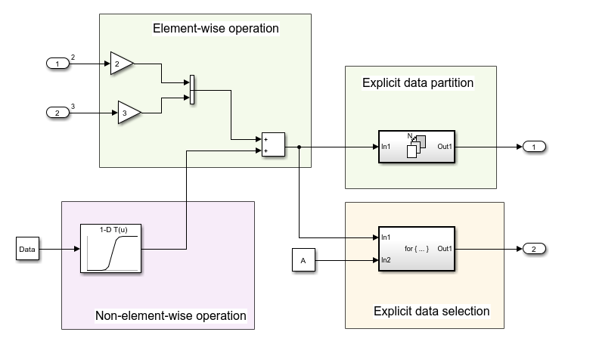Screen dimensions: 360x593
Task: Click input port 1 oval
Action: click(57, 64)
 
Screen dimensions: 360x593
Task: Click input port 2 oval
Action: click(57, 113)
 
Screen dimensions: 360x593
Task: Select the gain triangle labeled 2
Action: click(121, 64)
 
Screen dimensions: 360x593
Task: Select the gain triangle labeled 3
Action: click(129, 113)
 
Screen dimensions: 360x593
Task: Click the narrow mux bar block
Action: click(192, 90)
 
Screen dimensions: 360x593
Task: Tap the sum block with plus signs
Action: click(273, 145)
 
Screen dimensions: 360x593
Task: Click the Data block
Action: click(27, 247)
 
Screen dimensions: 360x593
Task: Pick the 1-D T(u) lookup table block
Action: click(110, 248)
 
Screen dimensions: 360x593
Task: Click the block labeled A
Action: click(303, 261)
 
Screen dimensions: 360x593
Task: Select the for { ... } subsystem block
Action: click(417, 249)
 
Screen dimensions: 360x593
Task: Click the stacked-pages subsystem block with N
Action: click(416, 146)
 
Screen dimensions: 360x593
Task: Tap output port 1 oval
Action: click(534, 146)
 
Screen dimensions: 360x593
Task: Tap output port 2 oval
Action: click(534, 249)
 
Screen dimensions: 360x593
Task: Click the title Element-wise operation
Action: click(216, 29)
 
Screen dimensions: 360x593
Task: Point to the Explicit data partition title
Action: click(418, 82)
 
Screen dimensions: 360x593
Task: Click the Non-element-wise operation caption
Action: click(171, 315)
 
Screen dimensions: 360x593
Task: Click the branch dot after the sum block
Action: click(300, 146)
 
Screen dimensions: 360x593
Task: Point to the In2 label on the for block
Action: click(386, 260)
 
